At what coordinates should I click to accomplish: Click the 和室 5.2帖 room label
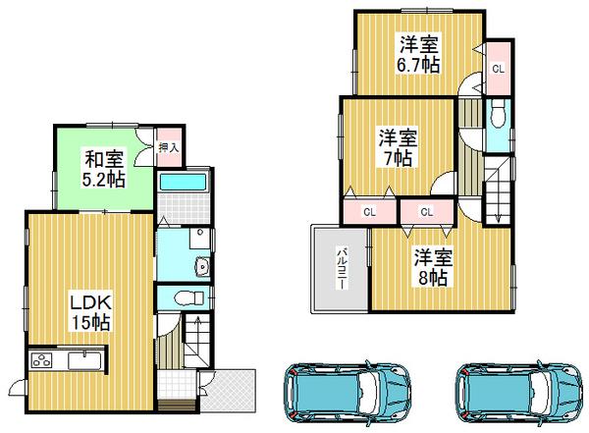(x=102, y=166)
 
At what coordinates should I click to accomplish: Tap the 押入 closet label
(x=168, y=147)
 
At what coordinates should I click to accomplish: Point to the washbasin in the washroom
(x=202, y=265)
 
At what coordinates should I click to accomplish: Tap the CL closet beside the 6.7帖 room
(x=498, y=69)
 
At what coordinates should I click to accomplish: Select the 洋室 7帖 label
(x=399, y=147)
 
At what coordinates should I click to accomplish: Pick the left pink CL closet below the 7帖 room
(x=370, y=211)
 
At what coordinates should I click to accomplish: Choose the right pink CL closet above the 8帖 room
(x=426, y=211)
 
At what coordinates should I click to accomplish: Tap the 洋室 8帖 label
(x=432, y=267)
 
